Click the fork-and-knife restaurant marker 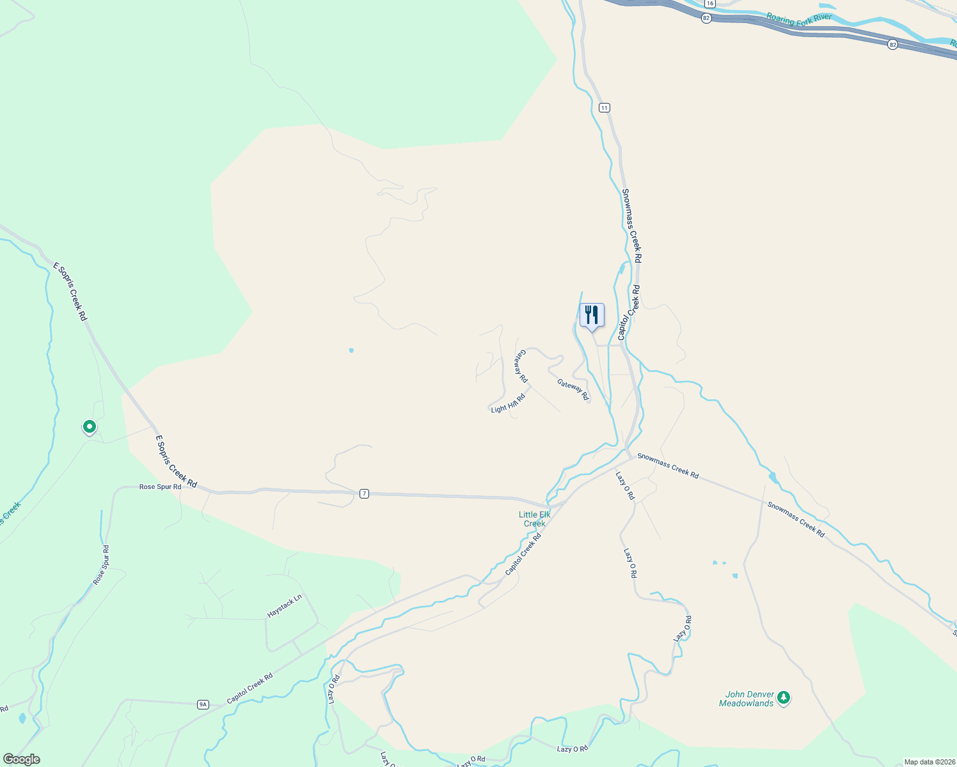coord(592,315)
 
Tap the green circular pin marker coord(90,426)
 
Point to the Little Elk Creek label coord(534,519)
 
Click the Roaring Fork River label coord(799,19)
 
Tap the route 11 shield coord(605,107)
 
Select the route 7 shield coord(364,493)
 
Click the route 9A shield coord(203,704)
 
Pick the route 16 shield coord(710,3)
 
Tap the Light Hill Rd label coord(508,403)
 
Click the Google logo coord(21,759)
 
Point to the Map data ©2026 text coord(929,762)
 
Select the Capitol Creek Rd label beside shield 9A coord(250,688)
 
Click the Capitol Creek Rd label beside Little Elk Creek coord(523,554)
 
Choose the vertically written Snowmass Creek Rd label coord(631,226)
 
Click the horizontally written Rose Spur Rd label coord(160,487)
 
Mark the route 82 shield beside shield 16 coord(706,18)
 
